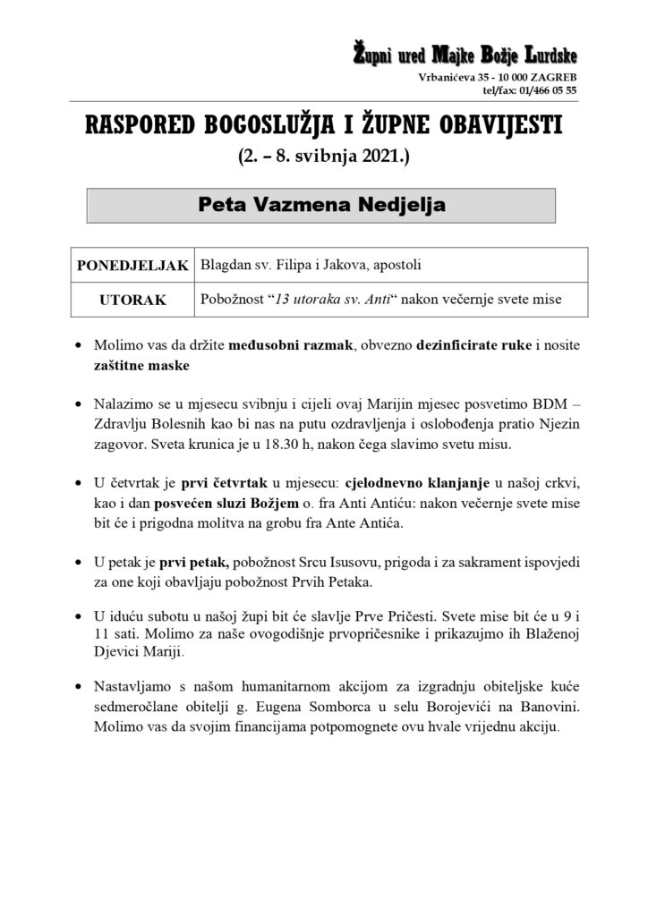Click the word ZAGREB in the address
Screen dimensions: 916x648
(x=554, y=79)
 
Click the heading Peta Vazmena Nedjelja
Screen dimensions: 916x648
(x=321, y=204)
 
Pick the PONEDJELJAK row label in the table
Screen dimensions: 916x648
(x=132, y=266)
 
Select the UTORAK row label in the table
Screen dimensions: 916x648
(x=132, y=300)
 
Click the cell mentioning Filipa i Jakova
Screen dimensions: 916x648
(x=310, y=266)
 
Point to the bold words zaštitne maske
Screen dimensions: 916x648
(x=138, y=367)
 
